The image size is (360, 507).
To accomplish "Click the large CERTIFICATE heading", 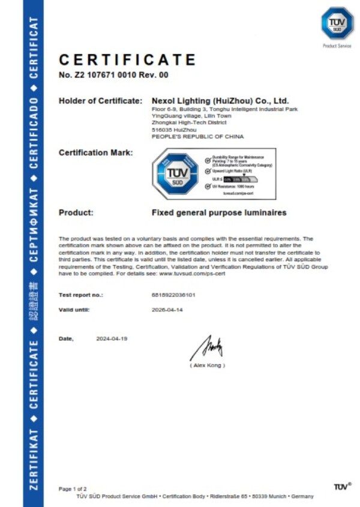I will pos(127,60).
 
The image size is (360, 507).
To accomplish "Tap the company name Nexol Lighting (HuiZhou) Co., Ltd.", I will pos(220,101).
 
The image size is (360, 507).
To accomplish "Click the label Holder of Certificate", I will pos(100,101).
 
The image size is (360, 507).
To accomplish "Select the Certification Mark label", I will pos(96,153).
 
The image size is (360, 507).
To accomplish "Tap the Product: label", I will pos(76,212).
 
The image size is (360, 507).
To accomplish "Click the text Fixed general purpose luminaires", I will pos(219,212).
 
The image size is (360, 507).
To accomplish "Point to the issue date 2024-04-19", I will pos(112,338).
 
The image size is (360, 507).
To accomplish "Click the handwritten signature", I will pos(208,347).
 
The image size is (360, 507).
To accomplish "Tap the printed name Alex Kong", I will pos(208,365).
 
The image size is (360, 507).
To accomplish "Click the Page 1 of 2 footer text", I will pos(72,488).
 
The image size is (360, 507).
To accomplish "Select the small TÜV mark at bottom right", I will pos(341,486).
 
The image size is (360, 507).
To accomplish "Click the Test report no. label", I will pos(80,295).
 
